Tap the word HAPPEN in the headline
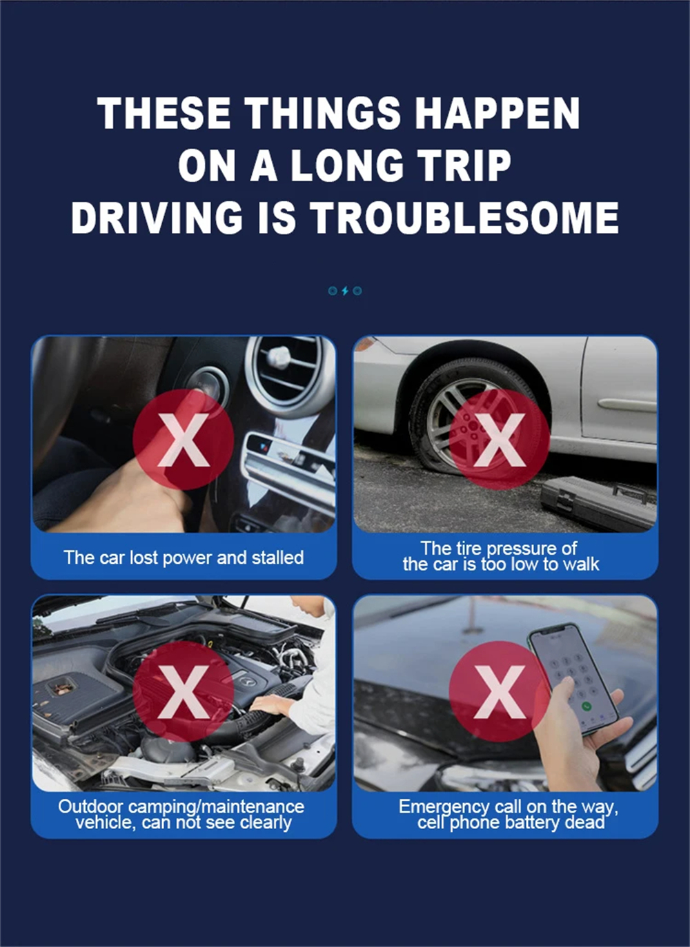click(497, 112)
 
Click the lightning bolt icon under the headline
click(345, 291)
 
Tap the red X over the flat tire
click(500, 440)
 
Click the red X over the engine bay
click(184, 691)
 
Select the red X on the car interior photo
click(184, 440)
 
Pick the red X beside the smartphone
click(500, 691)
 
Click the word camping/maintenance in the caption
click(216, 807)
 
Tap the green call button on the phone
click(586, 706)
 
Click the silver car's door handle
click(627, 405)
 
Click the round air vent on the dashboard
click(284, 376)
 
